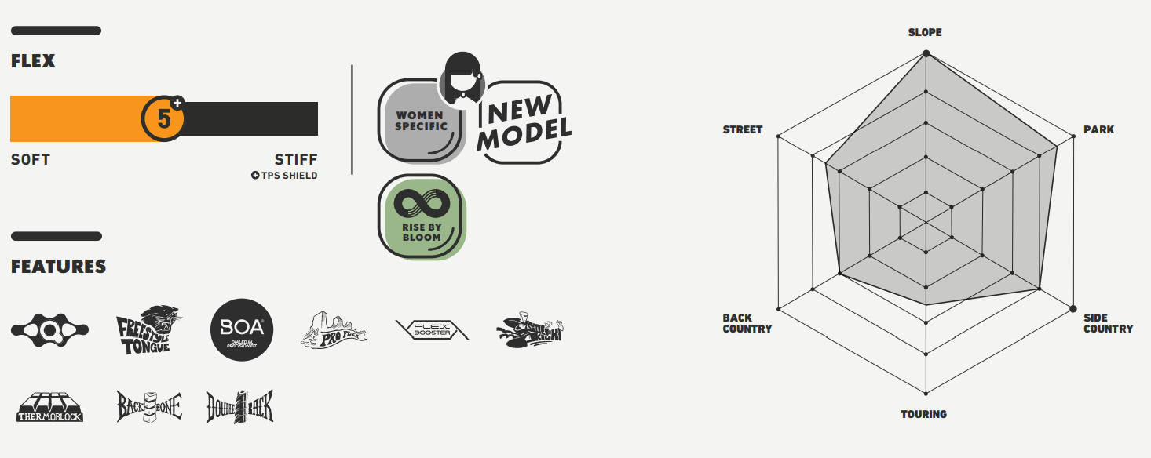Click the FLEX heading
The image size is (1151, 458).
tap(33, 61)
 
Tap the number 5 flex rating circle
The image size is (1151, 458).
tap(163, 119)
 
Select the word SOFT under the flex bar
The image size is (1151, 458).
tap(31, 160)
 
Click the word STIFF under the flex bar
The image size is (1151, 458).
tap(296, 160)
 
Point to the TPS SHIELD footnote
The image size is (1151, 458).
tap(284, 176)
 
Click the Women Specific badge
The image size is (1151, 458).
tap(422, 122)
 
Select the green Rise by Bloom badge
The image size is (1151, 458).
tap(422, 217)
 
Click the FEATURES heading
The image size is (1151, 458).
tap(58, 267)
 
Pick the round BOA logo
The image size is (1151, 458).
tap(242, 330)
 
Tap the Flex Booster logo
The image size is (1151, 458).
tap(433, 330)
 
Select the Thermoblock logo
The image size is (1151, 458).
tap(50, 407)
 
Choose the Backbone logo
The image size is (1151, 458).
tap(149, 406)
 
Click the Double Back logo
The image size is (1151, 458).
tap(240, 406)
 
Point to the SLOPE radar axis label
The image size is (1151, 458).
tap(925, 33)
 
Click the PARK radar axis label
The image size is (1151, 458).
tap(1098, 129)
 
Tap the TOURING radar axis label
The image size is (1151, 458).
tap(924, 414)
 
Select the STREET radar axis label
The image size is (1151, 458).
tap(743, 129)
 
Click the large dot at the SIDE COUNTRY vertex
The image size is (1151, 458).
tap(1073, 308)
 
